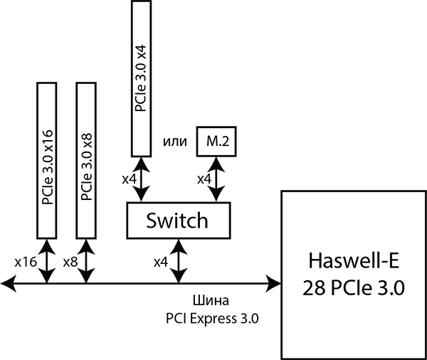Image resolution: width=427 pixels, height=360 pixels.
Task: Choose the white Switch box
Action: click(x=178, y=221)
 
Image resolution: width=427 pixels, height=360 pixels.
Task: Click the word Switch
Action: click(x=177, y=221)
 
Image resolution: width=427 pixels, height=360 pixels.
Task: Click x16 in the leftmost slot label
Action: click(x=47, y=139)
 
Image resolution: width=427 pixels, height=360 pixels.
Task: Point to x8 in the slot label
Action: click(x=87, y=139)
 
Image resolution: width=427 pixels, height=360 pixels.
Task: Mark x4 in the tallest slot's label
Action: click(x=141, y=53)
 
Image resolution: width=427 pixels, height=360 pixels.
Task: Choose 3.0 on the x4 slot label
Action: click(x=141, y=75)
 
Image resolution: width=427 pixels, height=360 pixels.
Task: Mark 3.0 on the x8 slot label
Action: click(x=87, y=162)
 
